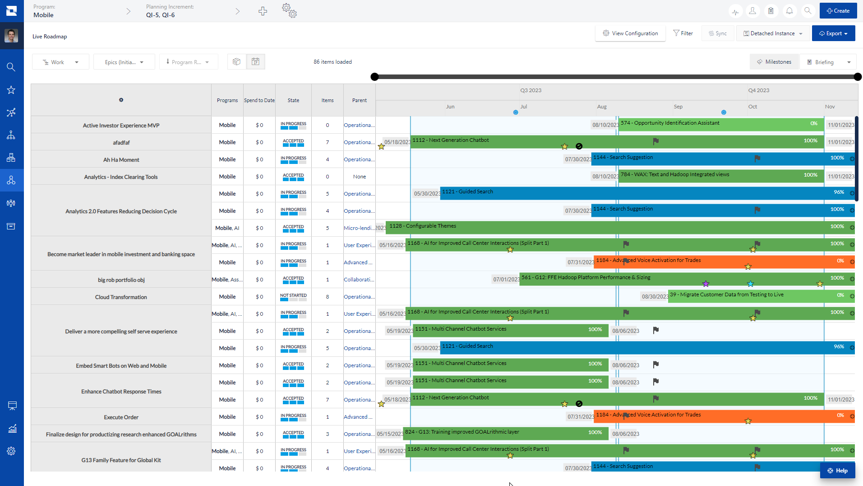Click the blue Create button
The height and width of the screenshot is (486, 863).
point(838,11)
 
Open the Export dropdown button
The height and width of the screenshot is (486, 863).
point(833,33)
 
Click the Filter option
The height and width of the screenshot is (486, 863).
point(683,33)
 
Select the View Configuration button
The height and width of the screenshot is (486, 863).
point(630,33)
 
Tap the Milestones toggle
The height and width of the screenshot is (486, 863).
point(774,62)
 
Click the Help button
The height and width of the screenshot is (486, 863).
point(837,471)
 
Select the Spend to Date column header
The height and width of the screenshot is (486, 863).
point(259,100)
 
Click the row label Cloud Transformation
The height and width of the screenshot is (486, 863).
point(121,297)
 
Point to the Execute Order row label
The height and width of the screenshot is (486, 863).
point(121,417)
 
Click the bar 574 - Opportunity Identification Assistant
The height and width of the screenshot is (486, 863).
point(713,124)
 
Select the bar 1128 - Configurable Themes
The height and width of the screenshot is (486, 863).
point(586,227)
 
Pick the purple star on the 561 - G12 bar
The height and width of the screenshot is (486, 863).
point(706,284)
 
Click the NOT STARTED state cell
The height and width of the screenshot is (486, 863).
point(293,297)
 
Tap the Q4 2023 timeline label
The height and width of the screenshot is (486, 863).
point(759,90)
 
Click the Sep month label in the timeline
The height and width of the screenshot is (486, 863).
point(678,107)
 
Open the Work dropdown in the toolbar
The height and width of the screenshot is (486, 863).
point(60,62)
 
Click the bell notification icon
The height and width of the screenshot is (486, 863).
point(789,11)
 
